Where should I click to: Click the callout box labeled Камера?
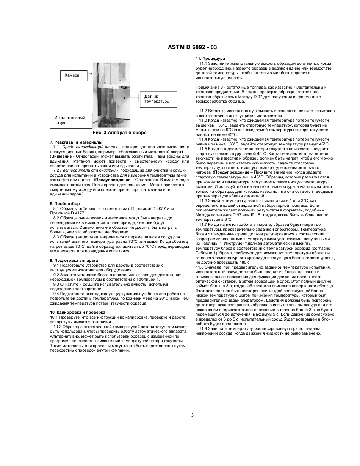pyautogui.click(x=76, y=76)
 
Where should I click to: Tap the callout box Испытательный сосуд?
pyautogui.click(x=70, y=120)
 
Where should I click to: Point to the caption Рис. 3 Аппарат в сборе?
pyautogui.click(x=119, y=133)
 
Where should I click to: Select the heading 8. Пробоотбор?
pyautogui.click(x=65, y=203)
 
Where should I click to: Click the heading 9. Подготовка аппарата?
pyautogui.click(x=74, y=260)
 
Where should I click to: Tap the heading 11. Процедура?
pyautogui.click(x=210, y=58)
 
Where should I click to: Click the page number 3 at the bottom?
pyautogui.click(x=192, y=415)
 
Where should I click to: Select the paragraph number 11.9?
pyautogui.click(x=203, y=328)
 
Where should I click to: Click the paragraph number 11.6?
pyautogui.click(x=203, y=200)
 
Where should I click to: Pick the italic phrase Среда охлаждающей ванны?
pyautogui.click(x=86, y=146)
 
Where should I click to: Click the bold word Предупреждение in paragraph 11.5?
pyautogui.click(x=230, y=172)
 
